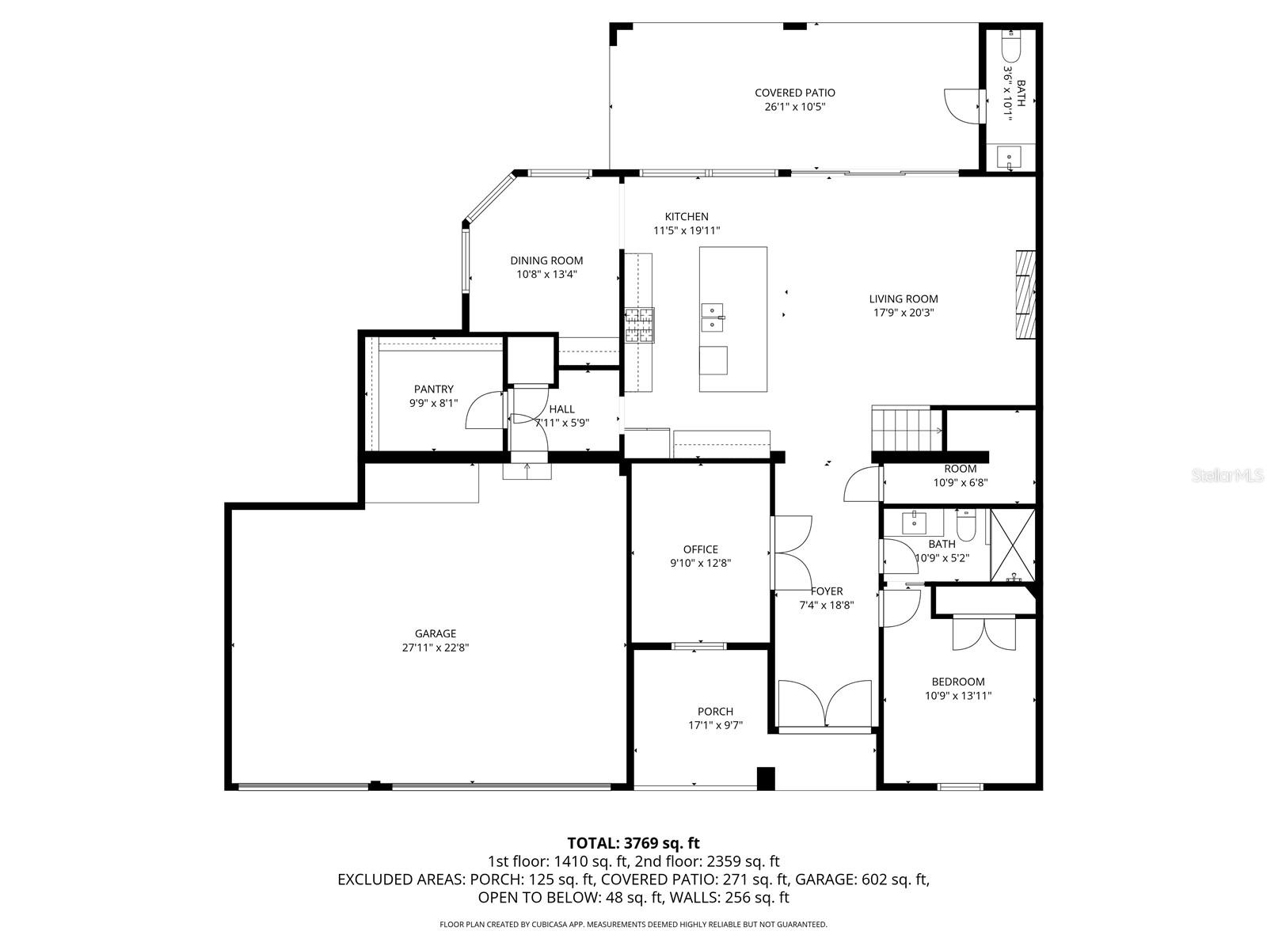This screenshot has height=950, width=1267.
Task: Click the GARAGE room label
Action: pyautogui.click(x=435, y=633)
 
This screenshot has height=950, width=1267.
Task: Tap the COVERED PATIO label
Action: pyautogui.click(x=794, y=93)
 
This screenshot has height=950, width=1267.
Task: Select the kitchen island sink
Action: pyautogui.click(x=713, y=317)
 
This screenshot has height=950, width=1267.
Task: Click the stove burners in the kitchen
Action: pyautogui.click(x=640, y=325)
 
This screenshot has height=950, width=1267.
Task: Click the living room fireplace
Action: pyautogui.click(x=1025, y=294)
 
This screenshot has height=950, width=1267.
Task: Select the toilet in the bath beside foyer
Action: pyautogui.click(x=967, y=525)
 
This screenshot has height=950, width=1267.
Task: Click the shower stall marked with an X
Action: pyautogui.click(x=1013, y=546)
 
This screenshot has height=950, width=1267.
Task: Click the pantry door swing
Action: pyautogui.click(x=484, y=410)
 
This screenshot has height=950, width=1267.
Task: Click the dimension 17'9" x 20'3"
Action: pyautogui.click(x=903, y=313)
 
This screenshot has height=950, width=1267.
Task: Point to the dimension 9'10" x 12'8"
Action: pyautogui.click(x=700, y=564)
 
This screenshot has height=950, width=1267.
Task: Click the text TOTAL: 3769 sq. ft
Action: pyautogui.click(x=633, y=843)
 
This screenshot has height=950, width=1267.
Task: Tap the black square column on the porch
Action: pyautogui.click(x=766, y=778)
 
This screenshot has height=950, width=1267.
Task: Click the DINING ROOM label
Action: pyautogui.click(x=546, y=260)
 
